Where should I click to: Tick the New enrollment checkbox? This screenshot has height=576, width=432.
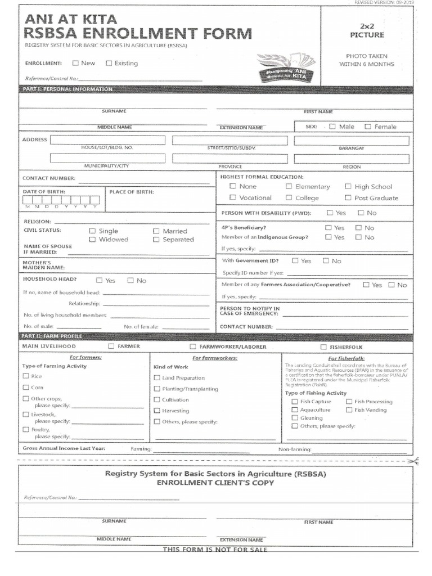point(75,64)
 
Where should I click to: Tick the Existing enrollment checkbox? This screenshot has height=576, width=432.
point(109,64)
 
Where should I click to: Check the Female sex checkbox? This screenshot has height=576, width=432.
point(368,127)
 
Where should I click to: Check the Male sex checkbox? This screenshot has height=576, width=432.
point(332,127)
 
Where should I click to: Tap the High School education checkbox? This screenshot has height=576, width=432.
point(348,187)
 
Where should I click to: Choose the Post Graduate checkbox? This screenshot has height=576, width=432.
point(348,198)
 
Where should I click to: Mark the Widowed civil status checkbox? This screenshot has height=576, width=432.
point(93,240)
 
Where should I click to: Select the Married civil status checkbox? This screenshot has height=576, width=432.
point(156,231)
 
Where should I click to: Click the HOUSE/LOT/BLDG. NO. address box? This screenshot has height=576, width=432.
point(107,140)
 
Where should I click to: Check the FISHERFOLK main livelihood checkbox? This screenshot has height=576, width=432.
point(323,347)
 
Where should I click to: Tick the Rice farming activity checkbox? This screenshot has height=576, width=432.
point(26,376)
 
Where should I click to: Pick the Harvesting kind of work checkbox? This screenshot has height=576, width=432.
point(157,411)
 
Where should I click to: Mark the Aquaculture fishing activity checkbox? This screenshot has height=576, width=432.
point(294,410)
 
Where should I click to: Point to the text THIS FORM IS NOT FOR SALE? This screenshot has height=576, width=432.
point(215,550)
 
